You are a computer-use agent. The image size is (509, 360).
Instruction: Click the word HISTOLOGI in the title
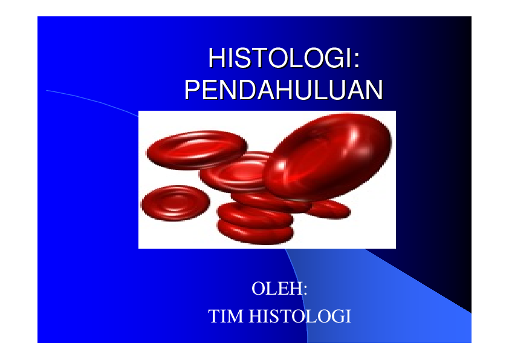click(279, 60)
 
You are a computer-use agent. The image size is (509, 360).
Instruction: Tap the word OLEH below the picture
click(276, 288)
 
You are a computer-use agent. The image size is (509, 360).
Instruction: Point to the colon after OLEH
click(306, 289)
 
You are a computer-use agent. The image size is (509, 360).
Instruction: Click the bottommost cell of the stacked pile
click(256, 231)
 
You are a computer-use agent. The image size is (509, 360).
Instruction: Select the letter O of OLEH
click(259, 288)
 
